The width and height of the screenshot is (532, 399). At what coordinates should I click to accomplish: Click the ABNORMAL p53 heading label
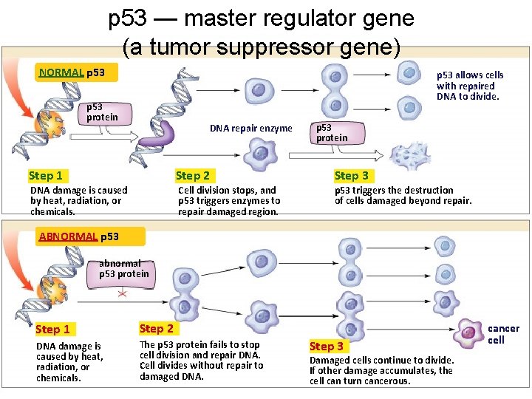78,236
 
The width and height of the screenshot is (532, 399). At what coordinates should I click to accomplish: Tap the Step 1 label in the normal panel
46,176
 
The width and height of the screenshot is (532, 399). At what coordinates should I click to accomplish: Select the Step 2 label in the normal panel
192,176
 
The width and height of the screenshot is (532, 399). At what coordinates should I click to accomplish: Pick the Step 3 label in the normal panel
351,176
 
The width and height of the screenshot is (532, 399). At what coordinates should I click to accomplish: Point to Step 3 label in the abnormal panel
327,346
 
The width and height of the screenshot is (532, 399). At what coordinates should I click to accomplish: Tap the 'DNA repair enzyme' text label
250,129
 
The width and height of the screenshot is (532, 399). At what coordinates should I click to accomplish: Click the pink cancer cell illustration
468,333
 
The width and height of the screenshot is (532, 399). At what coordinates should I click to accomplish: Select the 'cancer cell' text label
503,334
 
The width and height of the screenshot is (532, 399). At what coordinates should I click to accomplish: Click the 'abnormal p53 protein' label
123,269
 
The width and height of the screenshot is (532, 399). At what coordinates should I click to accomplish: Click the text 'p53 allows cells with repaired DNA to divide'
469,86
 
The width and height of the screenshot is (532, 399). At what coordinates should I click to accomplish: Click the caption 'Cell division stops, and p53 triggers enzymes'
228,201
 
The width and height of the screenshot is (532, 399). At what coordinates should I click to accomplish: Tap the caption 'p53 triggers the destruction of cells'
402,196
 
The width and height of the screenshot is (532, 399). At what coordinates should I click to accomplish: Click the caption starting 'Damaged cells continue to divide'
381,370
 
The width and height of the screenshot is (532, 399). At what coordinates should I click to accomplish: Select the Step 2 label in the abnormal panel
156,329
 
